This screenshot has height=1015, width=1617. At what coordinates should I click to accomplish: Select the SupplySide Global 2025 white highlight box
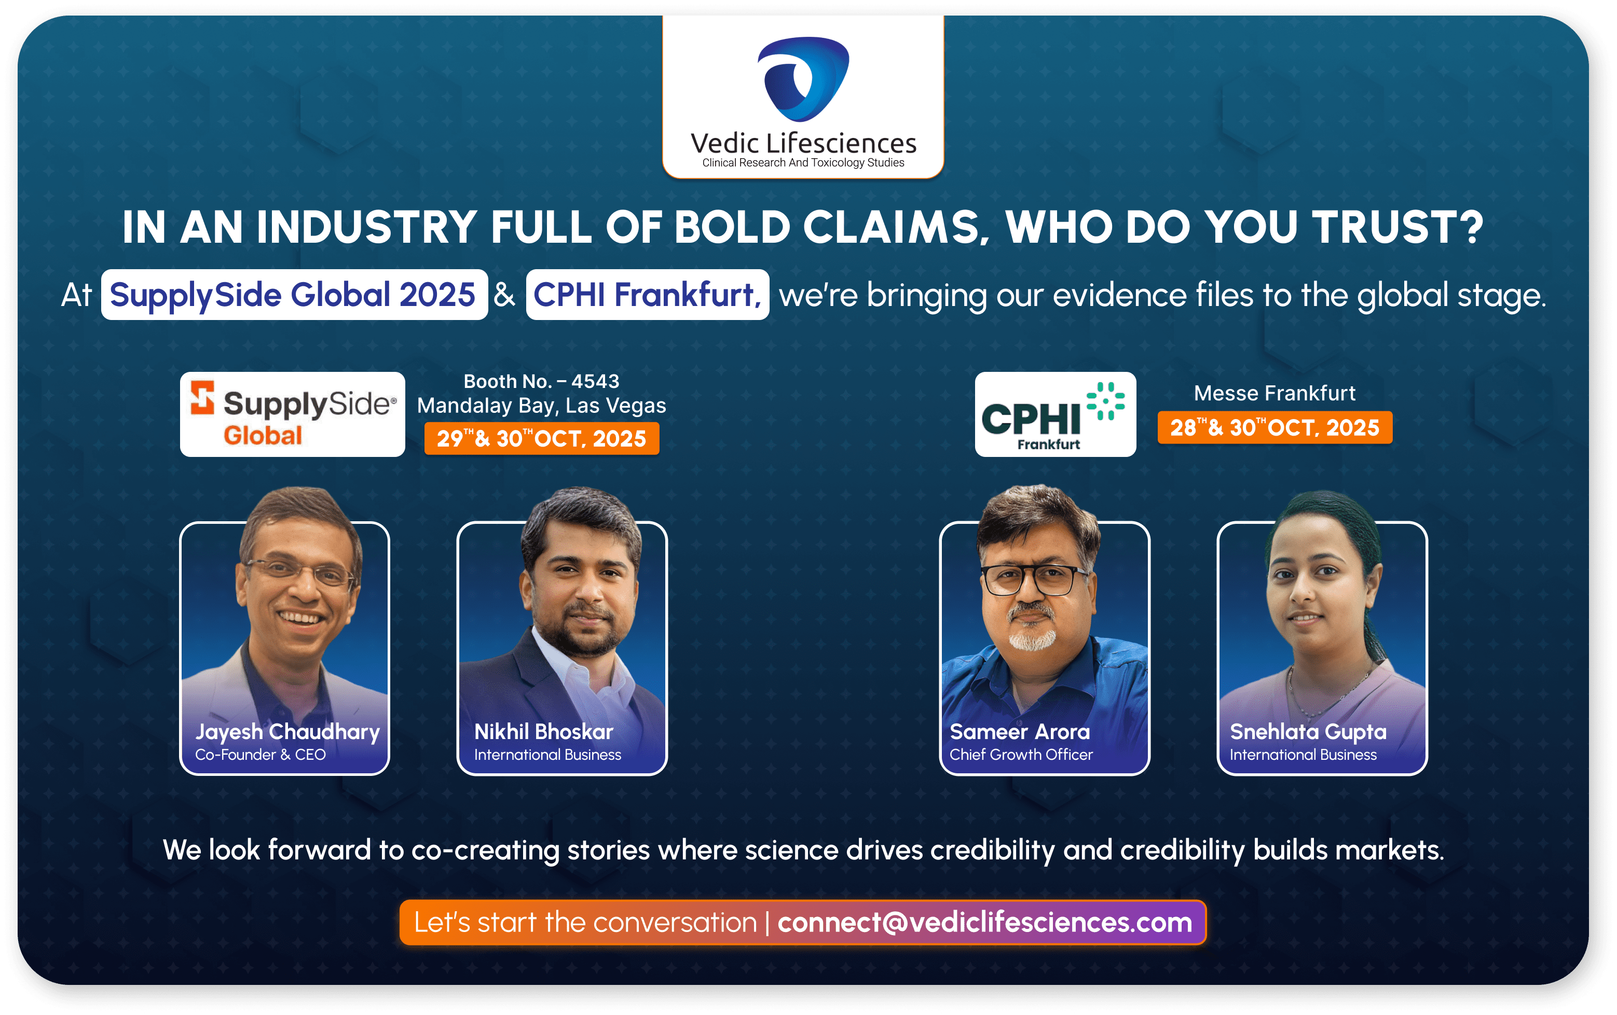pyautogui.click(x=294, y=295)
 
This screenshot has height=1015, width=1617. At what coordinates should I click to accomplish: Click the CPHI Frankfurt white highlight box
pyautogui.click(x=647, y=295)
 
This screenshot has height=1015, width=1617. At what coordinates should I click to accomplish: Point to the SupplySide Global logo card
pyautogui.click(x=293, y=414)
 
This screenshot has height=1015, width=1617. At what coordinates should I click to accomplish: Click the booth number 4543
pyautogui.click(x=595, y=381)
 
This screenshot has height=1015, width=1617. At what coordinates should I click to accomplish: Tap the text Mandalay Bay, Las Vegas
pyautogui.click(x=541, y=406)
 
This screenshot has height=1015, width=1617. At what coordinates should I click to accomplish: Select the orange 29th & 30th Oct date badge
pyautogui.click(x=542, y=438)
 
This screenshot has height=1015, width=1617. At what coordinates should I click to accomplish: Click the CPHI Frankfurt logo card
pyautogui.click(x=1056, y=414)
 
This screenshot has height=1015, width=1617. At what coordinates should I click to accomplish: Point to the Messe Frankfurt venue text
pyautogui.click(x=1275, y=393)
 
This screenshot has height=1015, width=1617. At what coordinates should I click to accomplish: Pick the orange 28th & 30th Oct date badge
pyautogui.click(x=1275, y=427)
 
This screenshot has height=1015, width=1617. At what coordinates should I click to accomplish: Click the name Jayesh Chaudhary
pyautogui.click(x=287, y=732)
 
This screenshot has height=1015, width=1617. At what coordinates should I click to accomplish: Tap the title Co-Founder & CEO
pyautogui.click(x=261, y=755)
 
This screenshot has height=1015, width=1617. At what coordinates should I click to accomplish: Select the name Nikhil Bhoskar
pyautogui.click(x=544, y=732)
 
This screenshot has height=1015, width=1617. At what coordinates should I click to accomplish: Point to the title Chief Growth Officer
pyautogui.click(x=1021, y=755)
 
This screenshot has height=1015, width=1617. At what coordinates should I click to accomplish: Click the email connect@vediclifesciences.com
pyautogui.click(x=985, y=922)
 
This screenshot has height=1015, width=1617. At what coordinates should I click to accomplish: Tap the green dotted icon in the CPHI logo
pyautogui.click(x=1105, y=401)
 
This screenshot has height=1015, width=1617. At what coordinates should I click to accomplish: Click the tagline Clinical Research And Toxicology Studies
pyautogui.click(x=803, y=162)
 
